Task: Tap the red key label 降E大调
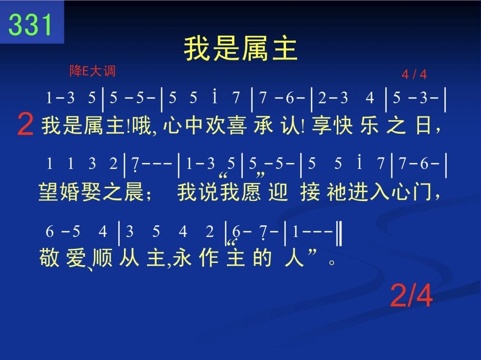[x=93, y=71]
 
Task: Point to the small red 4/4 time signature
[x=414, y=75]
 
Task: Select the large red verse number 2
[x=25, y=124]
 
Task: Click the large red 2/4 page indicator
[x=411, y=295]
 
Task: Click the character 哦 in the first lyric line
[x=142, y=126]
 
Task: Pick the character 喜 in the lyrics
[x=237, y=126]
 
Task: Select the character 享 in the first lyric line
[x=322, y=126]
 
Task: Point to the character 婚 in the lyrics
[x=70, y=192]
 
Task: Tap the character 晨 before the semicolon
[x=134, y=192]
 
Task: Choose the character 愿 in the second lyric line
[x=251, y=192]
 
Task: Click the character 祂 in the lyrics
[x=337, y=192]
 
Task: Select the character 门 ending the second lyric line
[x=422, y=192]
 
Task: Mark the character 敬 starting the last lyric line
[x=49, y=258]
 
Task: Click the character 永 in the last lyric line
[x=182, y=258]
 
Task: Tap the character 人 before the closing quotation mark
[x=294, y=258]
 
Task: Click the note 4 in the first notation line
[x=370, y=98]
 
